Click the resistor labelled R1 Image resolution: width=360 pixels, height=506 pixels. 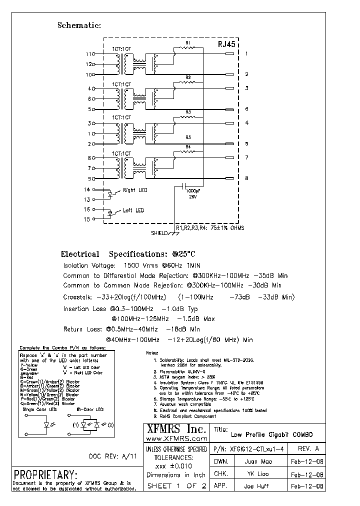point(188,48)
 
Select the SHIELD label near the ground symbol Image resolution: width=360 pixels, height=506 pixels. point(160,233)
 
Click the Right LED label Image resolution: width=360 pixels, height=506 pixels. point(135,190)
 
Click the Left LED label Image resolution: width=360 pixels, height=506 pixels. point(133,210)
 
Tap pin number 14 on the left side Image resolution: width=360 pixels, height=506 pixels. point(87,190)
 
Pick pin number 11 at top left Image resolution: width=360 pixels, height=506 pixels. point(89,54)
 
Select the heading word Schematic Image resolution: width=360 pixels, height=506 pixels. point(79,25)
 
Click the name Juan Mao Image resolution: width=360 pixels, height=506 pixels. point(258,461)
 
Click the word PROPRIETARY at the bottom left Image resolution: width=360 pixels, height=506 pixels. point(45,474)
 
